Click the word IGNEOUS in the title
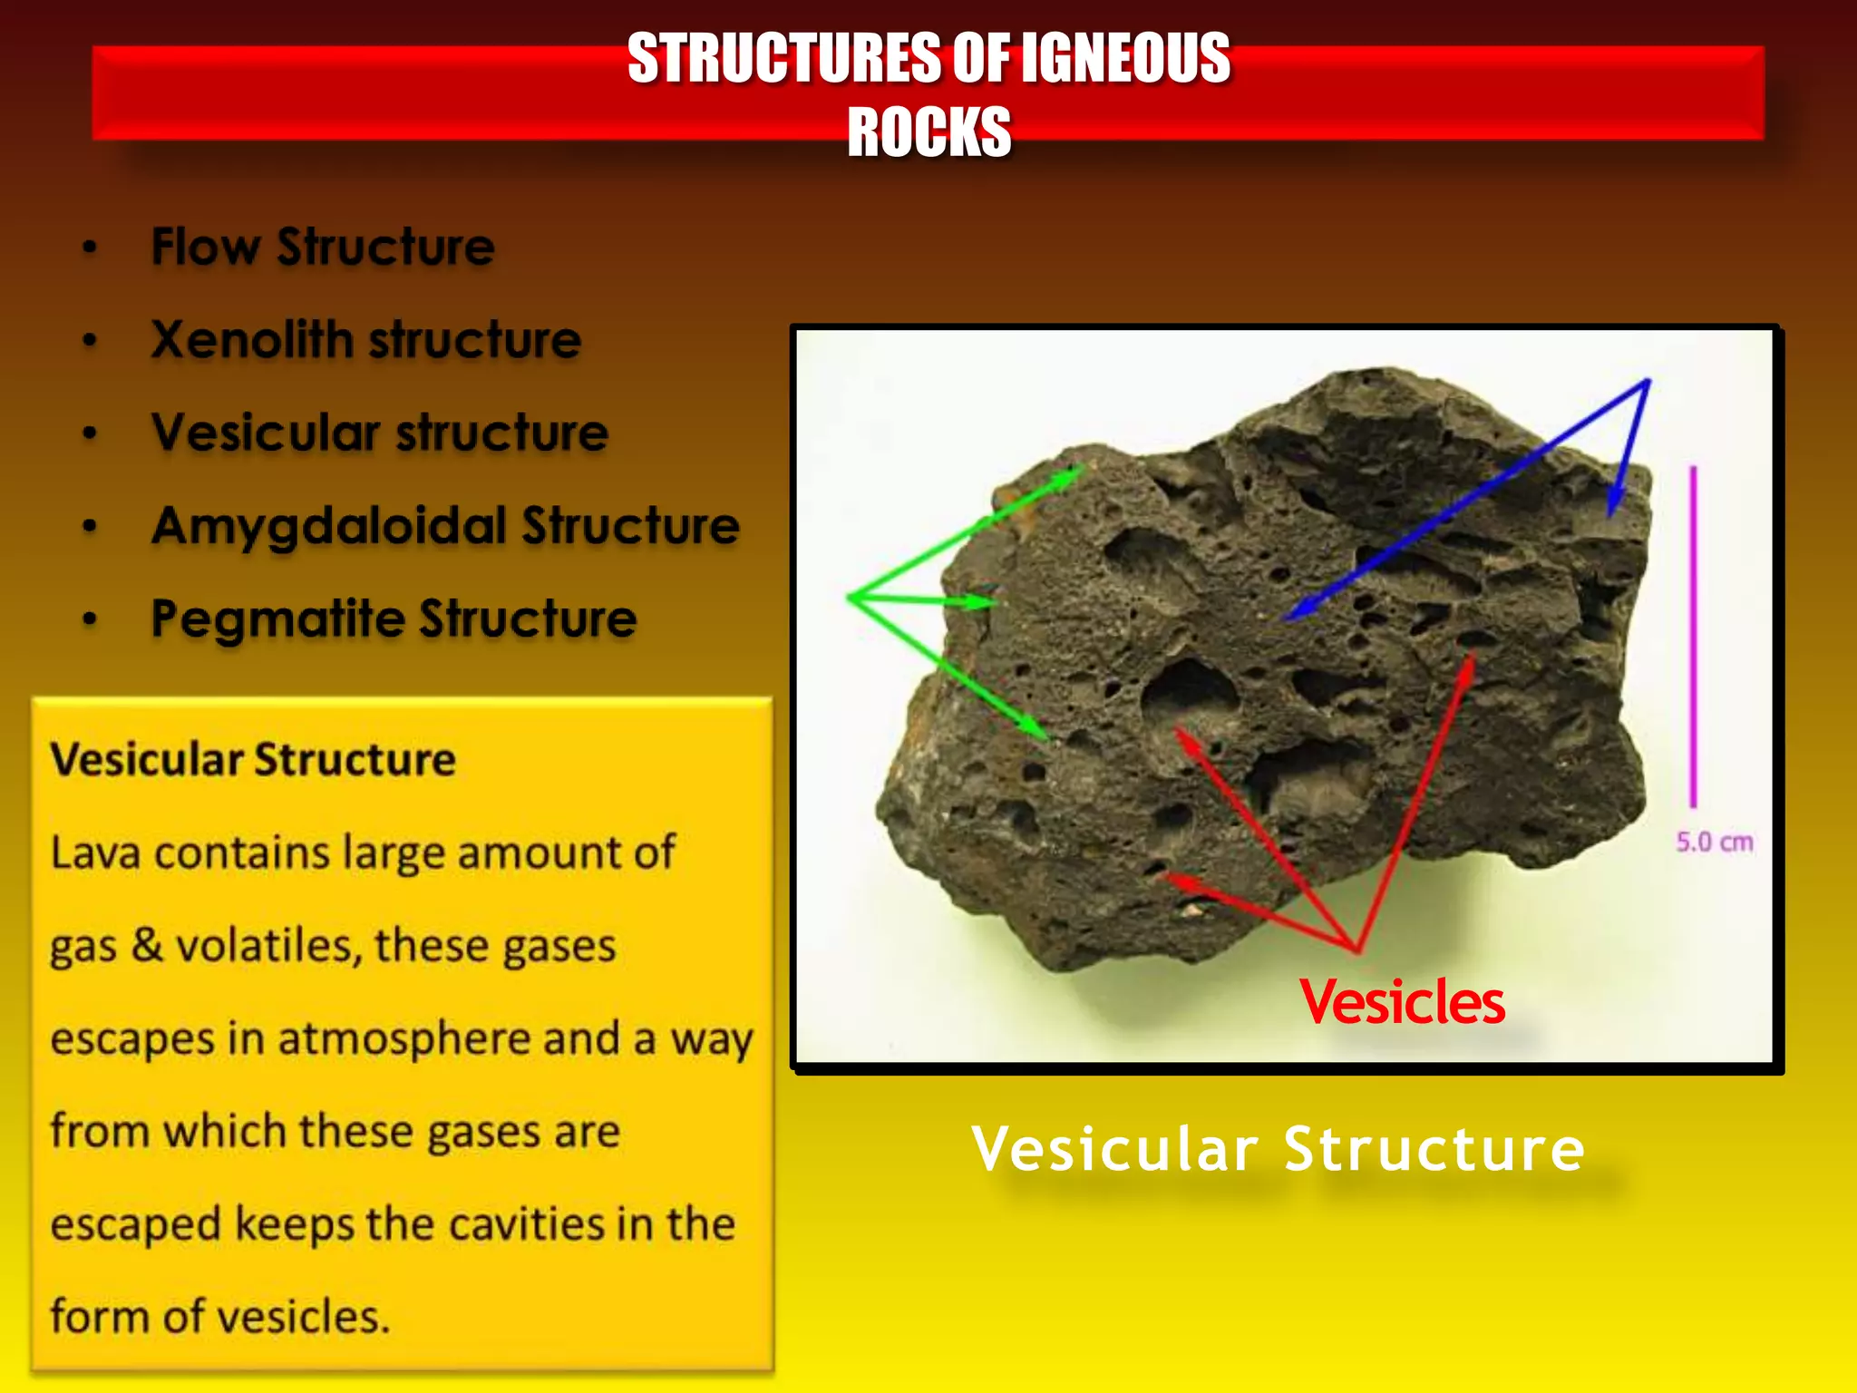[1124, 59]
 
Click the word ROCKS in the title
[928, 132]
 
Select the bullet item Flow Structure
[323, 247]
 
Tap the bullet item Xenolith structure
[365, 340]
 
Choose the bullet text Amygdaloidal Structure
[445, 526]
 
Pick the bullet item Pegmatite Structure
[394, 619]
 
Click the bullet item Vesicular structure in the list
[380, 433]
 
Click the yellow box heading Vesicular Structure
[253, 759]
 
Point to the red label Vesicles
[1402, 1002]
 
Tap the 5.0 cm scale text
[1714, 843]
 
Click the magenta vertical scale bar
[1692, 635]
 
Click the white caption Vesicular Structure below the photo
[1278, 1149]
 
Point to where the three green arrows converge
[851, 597]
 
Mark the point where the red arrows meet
[1356, 950]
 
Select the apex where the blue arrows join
[1647, 382]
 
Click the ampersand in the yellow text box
[147, 945]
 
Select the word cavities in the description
[528, 1224]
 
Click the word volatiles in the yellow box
[268, 945]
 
